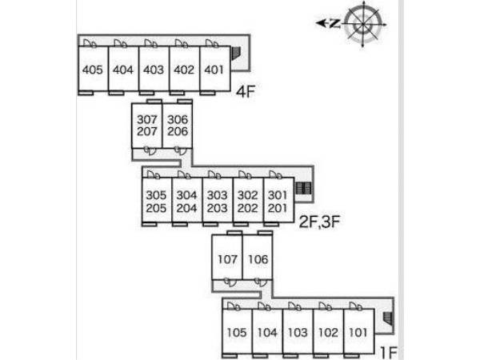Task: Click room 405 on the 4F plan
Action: coord(94,69)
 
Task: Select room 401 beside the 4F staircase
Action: coord(215,69)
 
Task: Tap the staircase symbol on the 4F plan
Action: coord(236,54)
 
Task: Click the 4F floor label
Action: coord(246,91)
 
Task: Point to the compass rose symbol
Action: coord(363,24)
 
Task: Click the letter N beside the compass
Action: coord(335,23)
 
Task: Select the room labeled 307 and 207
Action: coord(147,126)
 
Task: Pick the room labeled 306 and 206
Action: coord(178,126)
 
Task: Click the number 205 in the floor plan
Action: coord(156,208)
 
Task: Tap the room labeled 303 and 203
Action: coord(218,201)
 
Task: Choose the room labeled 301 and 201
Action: coord(278,201)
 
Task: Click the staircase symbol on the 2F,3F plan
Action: coord(304,188)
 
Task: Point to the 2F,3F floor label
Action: coord(319,222)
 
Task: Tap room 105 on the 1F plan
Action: coord(237,332)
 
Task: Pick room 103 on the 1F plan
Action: coord(298,332)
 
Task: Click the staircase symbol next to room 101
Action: coord(388,318)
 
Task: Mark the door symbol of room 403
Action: coord(151,43)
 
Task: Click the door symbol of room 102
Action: coord(326,306)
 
